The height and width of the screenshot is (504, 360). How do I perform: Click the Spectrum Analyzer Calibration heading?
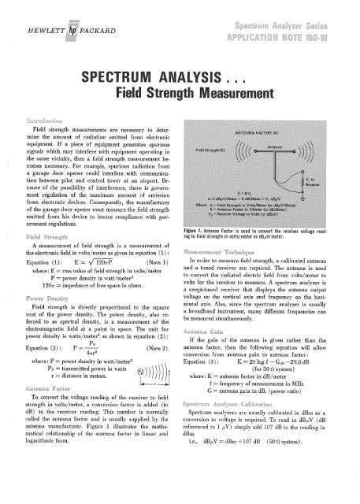[x=235, y=424]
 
